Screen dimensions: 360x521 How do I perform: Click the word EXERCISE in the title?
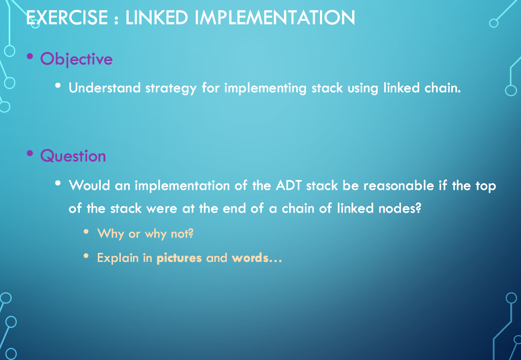coord(67,18)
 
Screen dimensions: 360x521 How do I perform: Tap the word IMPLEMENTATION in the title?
coord(275,18)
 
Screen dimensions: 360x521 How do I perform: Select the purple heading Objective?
coord(76,59)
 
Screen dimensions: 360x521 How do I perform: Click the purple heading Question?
coord(73,156)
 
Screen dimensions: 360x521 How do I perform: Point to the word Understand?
coord(104,88)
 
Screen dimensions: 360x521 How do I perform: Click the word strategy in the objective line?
coord(170,88)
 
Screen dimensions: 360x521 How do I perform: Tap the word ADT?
coord(288,185)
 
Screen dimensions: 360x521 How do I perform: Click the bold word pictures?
coord(179,258)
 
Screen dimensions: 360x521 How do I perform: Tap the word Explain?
coord(118,258)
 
